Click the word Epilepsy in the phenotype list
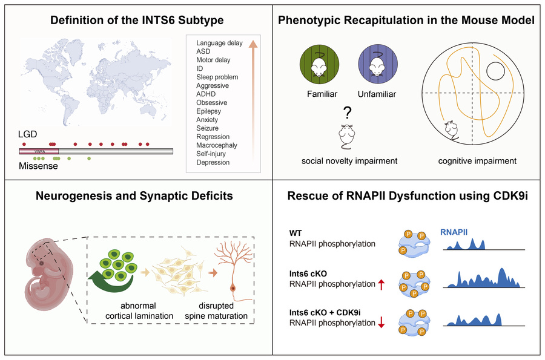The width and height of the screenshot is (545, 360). coord(209,111)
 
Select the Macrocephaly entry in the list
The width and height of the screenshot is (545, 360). coord(217,145)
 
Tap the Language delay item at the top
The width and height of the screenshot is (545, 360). coord(219,43)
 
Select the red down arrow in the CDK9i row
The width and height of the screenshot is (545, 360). coord(381,324)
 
